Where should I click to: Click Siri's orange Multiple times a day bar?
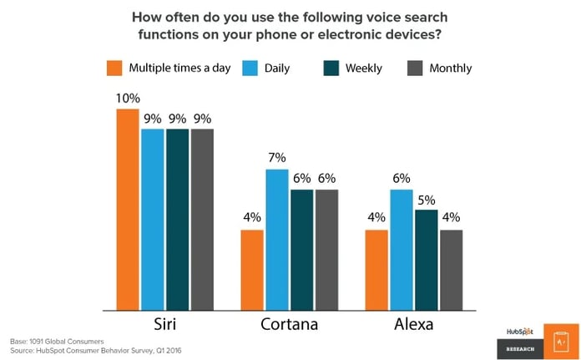tap(128, 209)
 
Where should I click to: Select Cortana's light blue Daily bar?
tap(277, 239)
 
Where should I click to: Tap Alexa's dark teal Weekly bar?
tap(426, 259)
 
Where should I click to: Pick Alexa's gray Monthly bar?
tap(451, 269)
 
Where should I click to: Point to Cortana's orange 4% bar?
tap(252, 269)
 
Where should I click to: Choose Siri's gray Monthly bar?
tap(202, 219)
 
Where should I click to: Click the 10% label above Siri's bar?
tap(128, 98)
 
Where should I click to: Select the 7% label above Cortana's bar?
tap(277, 157)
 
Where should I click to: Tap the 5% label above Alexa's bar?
tap(426, 198)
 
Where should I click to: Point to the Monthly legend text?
tap(452, 68)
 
